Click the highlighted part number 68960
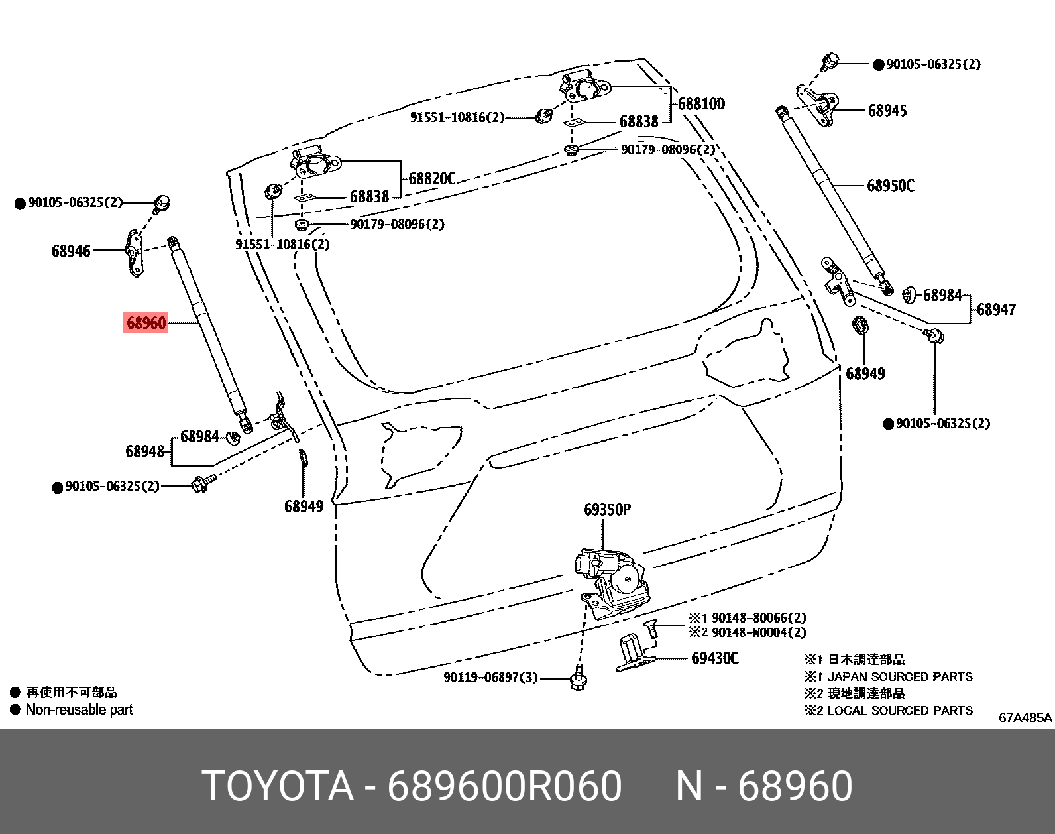(x=146, y=323)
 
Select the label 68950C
(x=890, y=186)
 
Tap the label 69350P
(x=607, y=510)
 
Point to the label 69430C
(x=714, y=658)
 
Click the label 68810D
(x=701, y=104)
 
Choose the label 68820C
(x=431, y=179)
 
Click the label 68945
(x=887, y=111)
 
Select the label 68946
(x=71, y=251)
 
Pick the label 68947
(x=996, y=310)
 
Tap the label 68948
(x=144, y=451)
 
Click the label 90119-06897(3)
(x=490, y=678)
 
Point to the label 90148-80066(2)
(x=758, y=618)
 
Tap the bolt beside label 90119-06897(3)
(x=579, y=678)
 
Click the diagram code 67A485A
(x=1025, y=717)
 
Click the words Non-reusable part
(x=79, y=710)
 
